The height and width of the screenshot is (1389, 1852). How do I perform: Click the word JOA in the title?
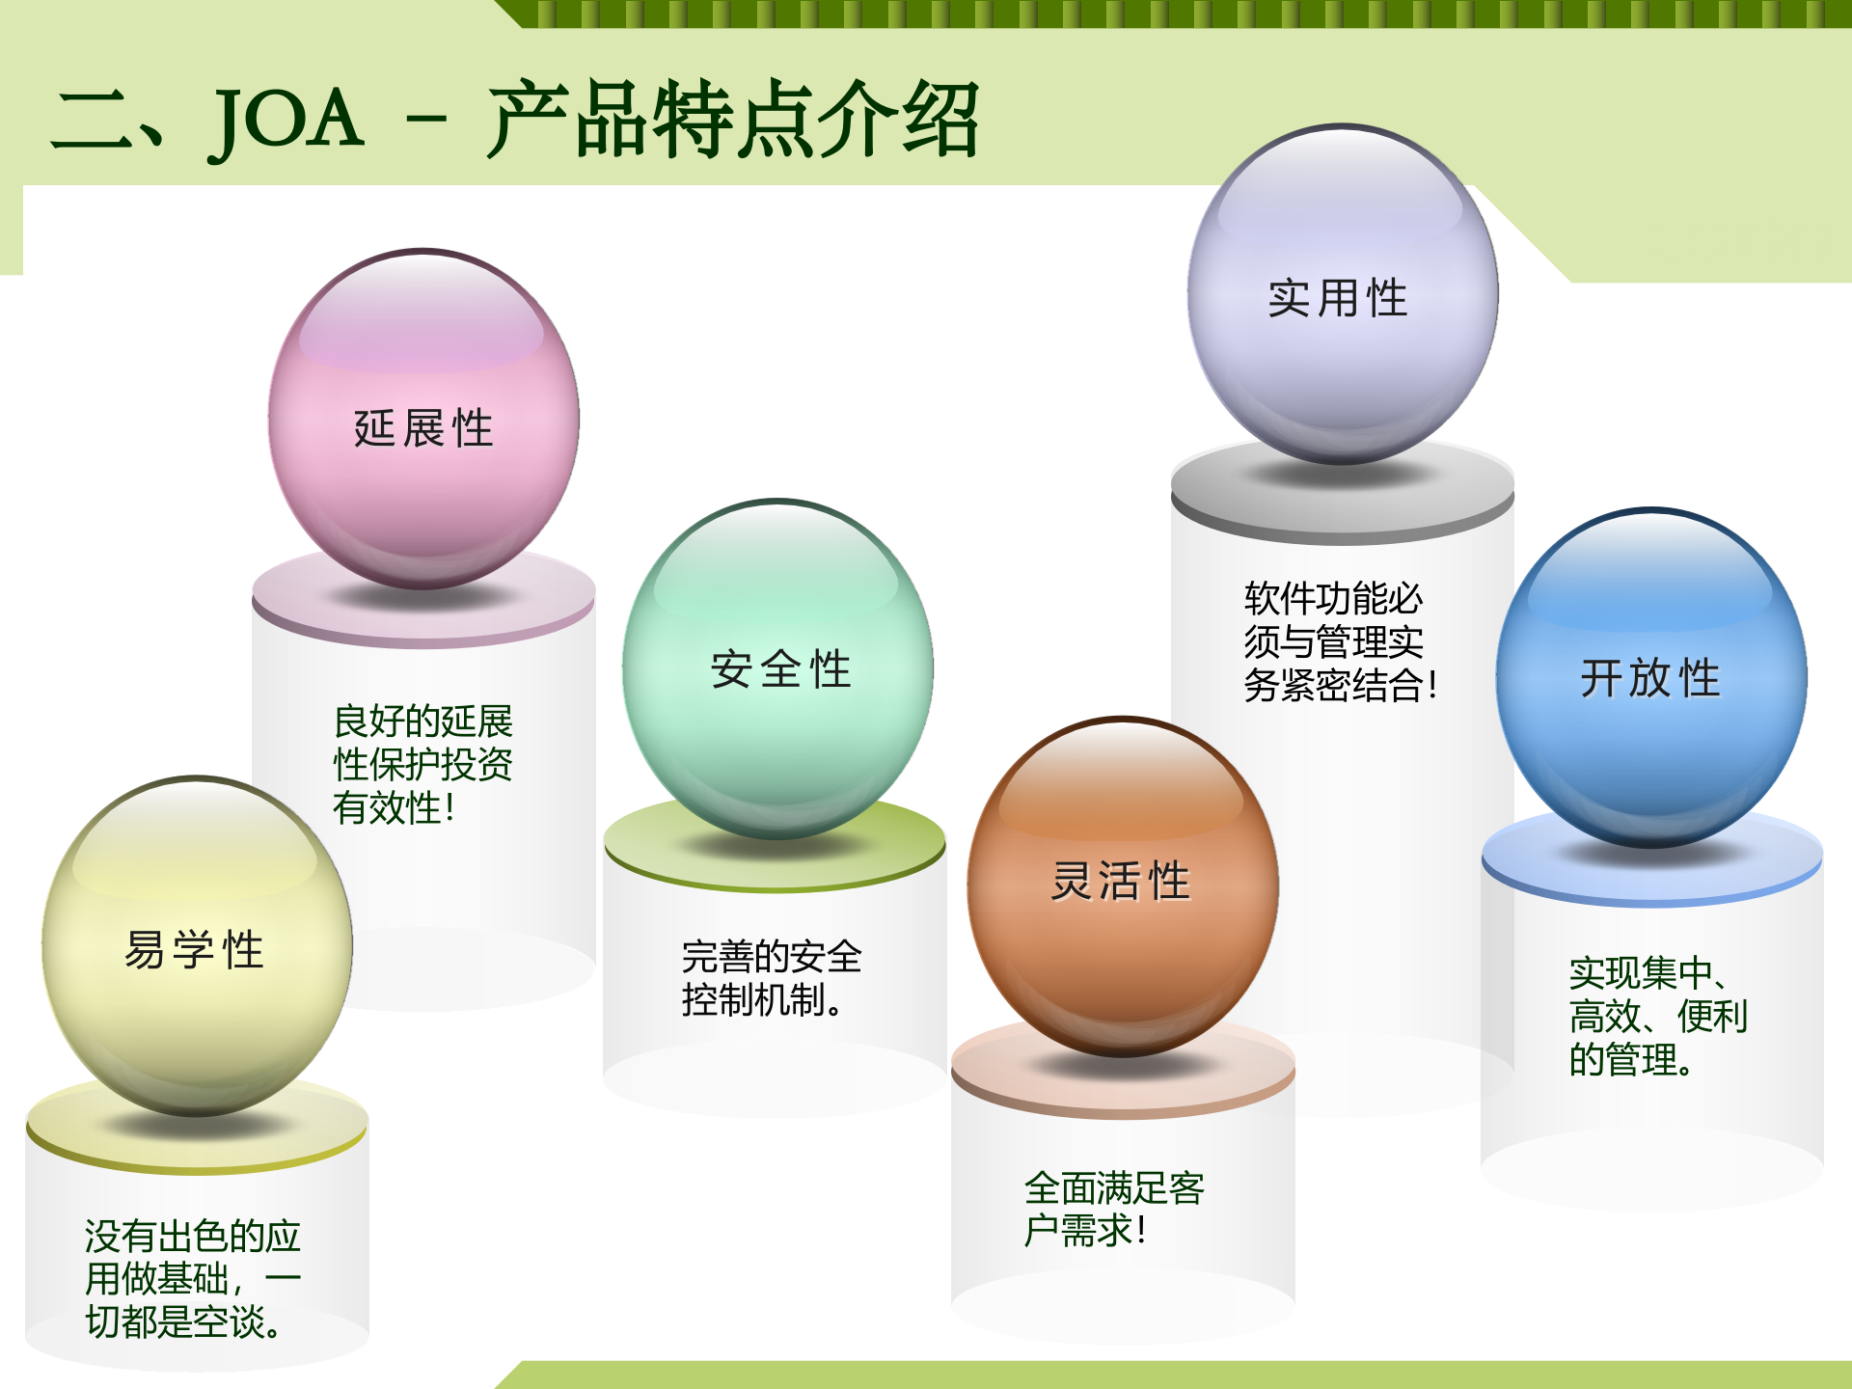click(x=286, y=120)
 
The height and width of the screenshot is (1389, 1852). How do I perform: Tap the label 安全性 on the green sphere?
click(x=780, y=669)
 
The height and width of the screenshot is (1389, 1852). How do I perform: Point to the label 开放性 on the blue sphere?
click(x=1649, y=678)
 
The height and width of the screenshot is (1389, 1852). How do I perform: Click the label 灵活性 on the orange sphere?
click(x=1121, y=881)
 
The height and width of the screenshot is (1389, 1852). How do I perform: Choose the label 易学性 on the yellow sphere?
click(x=194, y=950)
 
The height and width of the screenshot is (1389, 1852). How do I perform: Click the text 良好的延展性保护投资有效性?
click(x=422, y=764)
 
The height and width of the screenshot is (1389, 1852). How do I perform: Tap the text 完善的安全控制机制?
click(x=770, y=978)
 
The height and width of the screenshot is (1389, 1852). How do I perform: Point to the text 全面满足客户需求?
click(x=1113, y=1209)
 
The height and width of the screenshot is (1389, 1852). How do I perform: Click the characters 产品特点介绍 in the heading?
click(x=733, y=120)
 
